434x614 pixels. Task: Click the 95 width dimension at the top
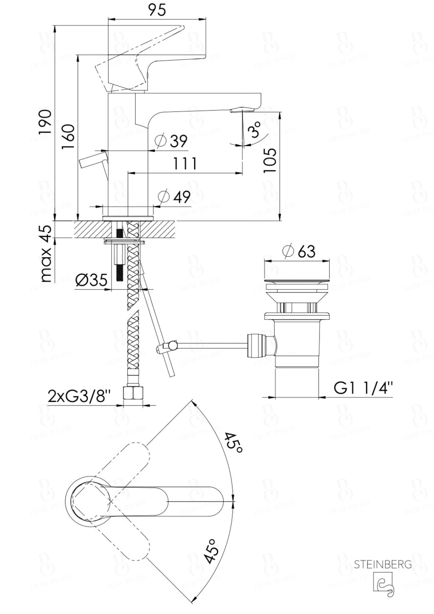point(156,9)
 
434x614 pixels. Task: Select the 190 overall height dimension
point(45,122)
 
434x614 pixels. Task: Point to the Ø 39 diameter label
point(171,141)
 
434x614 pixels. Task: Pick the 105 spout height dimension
point(270,160)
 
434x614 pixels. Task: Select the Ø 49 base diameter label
point(174,197)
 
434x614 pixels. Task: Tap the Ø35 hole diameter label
point(91,280)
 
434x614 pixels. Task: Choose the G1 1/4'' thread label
point(363,388)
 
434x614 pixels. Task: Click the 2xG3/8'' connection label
point(79,396)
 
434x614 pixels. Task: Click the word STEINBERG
point(383,564)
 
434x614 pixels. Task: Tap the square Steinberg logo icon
point(383,582)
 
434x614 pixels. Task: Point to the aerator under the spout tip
point(242,111)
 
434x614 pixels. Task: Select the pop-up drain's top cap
point(297,280)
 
